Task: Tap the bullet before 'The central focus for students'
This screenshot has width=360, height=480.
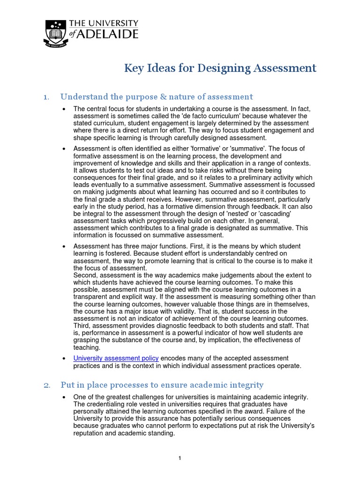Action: (x=64, y=109)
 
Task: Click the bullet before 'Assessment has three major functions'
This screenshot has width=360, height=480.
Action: (x=64, y=246)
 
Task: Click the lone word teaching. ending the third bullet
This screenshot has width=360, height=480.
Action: (x=87, y=347)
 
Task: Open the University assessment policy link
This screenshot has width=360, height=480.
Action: (x=116, y=358)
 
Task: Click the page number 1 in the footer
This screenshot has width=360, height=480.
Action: (x=180, y=458)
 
